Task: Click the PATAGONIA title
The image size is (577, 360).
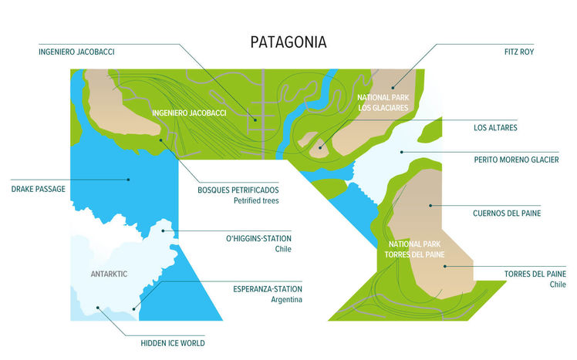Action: pos(288,42)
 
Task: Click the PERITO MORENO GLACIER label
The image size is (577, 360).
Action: pos(516,160)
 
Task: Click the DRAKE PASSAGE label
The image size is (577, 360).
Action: pos(39,188)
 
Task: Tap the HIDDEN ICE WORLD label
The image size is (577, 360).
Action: pos(173,343)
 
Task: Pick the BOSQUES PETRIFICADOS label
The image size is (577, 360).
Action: pos(238,189)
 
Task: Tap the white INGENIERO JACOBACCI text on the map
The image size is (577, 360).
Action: pos(189,113)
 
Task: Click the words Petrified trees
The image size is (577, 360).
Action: pos(256,200)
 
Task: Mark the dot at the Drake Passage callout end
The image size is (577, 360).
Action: pos(129,180)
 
